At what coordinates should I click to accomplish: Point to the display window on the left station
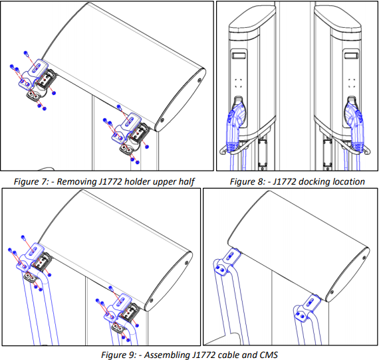point(239,59)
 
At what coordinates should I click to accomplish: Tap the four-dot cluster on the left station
point(239,83)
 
